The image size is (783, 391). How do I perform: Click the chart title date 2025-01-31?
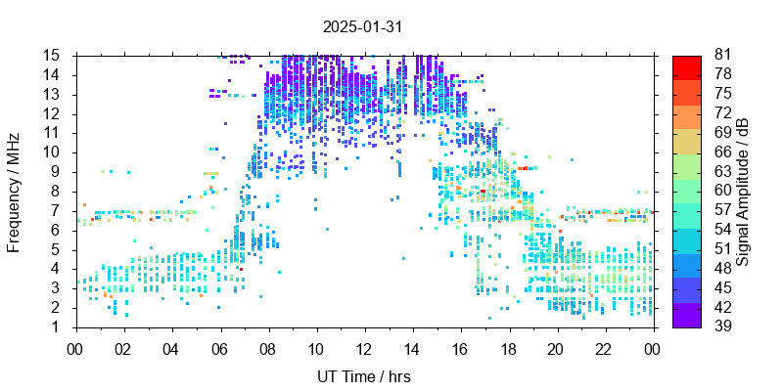362,26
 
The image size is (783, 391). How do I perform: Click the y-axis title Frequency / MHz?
15,192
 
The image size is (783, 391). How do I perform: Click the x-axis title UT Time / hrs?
363,376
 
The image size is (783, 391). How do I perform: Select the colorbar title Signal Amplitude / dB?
744,192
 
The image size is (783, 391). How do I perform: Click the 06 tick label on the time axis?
219,347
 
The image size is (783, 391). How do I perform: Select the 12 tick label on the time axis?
363,347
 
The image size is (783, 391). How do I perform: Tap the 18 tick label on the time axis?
508,347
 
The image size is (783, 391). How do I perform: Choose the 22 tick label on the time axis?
604,347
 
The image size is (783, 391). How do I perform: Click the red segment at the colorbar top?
687,65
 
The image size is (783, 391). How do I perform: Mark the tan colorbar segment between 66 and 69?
687,143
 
